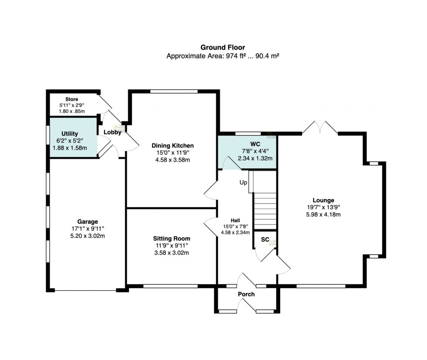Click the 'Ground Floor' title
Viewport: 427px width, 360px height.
tap(223, 47)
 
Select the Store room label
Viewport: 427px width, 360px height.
tap(71, 99)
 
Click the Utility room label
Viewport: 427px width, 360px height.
tap(70, 134)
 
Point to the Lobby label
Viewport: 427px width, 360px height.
tap(112, 132)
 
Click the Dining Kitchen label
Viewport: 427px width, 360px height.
tap(173, 145)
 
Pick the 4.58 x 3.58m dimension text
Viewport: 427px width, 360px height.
tap(173, 160)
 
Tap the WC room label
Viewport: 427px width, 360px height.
tap(255, 144)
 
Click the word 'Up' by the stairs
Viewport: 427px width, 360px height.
tap(243, 182)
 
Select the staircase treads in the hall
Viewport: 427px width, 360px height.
tap(265, 211)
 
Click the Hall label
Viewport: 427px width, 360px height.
tap(235, 220)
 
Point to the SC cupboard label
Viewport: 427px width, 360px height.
tap(265, 239)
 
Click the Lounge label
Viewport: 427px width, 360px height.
tap(323, 200)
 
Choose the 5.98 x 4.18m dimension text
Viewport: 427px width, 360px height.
tap(323, 215)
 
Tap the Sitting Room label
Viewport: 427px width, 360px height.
tap(172, 239)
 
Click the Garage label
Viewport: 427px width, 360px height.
tap(88, 222)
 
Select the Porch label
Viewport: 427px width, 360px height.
tap(246, 294)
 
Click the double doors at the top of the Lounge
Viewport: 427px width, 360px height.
tap(320, 128)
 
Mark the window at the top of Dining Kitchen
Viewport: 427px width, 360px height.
tap(174, 92)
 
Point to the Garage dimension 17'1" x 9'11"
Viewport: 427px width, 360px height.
tap(88, 229)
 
